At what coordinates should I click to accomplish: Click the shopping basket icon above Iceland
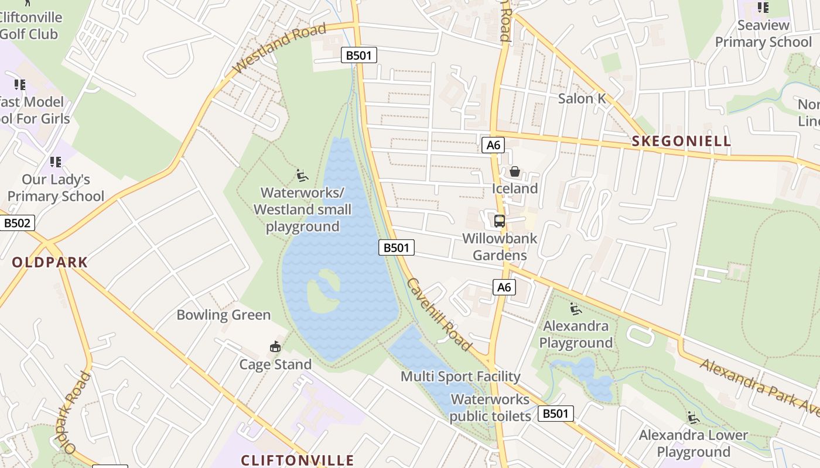click(514, 171)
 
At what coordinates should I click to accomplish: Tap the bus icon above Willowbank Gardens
click(500, 221)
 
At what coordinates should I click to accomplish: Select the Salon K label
click(582, 98)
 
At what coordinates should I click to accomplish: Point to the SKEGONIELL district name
click(682, 141)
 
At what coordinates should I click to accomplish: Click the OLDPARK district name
click(50, 262)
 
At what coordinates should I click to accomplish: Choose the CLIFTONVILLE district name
click(298, 460)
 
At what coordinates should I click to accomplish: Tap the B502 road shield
click(17, 223)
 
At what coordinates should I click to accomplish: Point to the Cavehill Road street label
click(439, 315)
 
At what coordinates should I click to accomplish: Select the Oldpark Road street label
click(77, 412)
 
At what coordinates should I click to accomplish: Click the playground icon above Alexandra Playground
click(576, 308)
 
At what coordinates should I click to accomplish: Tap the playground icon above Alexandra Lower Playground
click(693, 418)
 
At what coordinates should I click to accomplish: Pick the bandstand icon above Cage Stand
click(275, 347)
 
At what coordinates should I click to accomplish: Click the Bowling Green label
click(224, 315)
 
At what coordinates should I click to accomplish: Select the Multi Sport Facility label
click(460, 376)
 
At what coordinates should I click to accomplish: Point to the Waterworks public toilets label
click(490, 408)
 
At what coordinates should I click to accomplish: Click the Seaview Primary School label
click(763, 33)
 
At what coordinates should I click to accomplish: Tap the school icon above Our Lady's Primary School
click(56, 161)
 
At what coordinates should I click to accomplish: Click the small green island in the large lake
click(324, 291)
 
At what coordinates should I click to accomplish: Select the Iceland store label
click(514, 188)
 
